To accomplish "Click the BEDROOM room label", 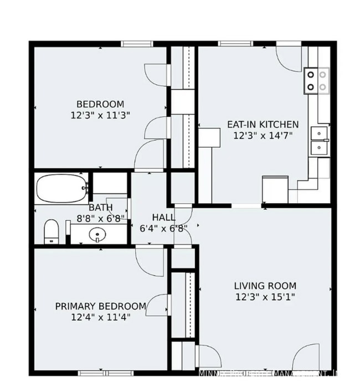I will click(x=100, y=104).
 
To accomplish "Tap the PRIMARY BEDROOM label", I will click(x=101, y=306).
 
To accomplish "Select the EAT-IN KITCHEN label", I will click(x=263, y=125).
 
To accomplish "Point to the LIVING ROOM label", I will click(x=265, y=286).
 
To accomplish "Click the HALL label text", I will click(x=164, y=218).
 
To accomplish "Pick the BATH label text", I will click(x=100, y=208).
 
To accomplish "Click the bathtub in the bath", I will click(x=62, y=189).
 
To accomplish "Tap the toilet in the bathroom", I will click(x=52, y=231).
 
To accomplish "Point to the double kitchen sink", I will click(x=319, y=141).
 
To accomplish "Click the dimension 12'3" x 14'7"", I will click(x=263, y=135).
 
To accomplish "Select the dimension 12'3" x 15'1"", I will click(x=265, y=297).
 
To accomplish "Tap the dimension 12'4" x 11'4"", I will click(x=100, y=317).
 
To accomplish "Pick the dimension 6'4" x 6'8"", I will click(x=164, y=227).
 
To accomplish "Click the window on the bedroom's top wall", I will click(x=137, y=43).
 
